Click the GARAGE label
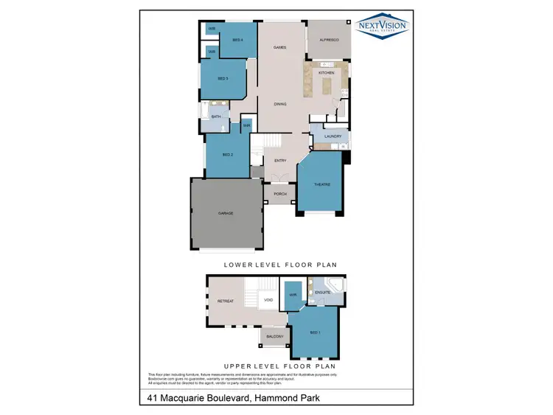pyautogui.click(x=226, y=213)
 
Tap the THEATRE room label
pyautogui.click(x=321, y=184)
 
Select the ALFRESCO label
pyautogui.click(x=329, y=40)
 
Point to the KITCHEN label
pyautogui.click(x=326, y=73)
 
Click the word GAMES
pyautogui.click(x=279, y=47)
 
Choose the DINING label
pyautogui.click(x=280, y=104)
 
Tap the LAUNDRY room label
pyautogui.click(x=332, y=136)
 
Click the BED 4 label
pyautogui.click(x=238, y=40)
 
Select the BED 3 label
pyautogui.click(x=223, y=78)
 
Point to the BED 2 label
pyautogui.click(x=228, y=155)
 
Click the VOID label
pyautogui.click(x=268, y=300)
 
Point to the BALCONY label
pyautogui.click(x=275, y=336)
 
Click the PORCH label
pyautogui.click(x=280, y=194)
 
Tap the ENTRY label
pyautogui.click(x=280, y=160)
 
